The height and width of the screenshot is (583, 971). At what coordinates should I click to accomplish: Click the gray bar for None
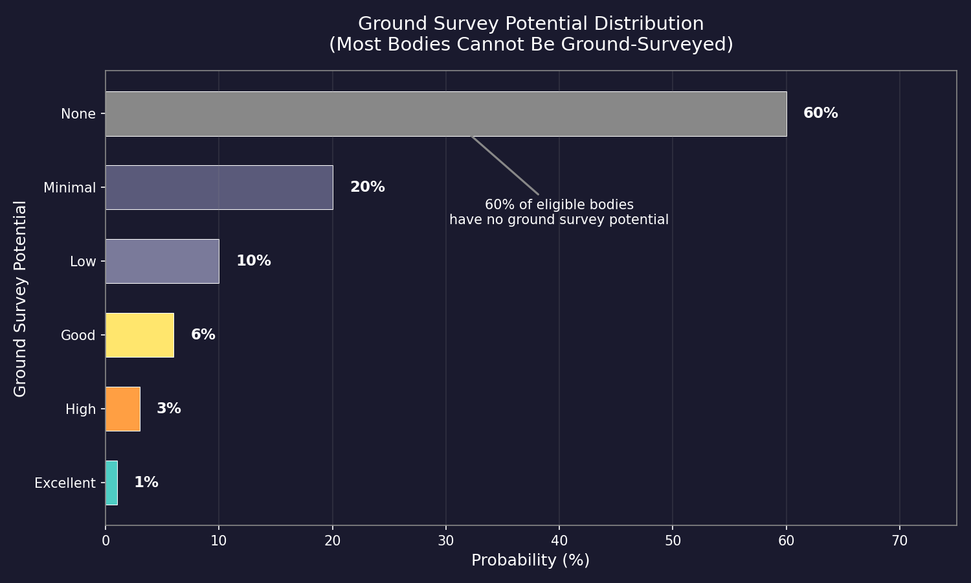[445, 114]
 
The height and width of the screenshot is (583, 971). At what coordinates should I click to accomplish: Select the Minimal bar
[219, 187]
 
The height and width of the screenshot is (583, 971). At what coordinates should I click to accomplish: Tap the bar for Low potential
[162, 261]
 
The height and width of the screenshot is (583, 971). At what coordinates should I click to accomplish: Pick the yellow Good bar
[139, 335]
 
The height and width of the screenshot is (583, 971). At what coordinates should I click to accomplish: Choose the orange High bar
[122, 409]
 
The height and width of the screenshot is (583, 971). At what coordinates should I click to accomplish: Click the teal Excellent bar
[111, 483]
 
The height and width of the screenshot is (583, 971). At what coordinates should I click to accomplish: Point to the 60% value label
[820, 113]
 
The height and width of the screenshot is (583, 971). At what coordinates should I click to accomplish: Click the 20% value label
[367, 187]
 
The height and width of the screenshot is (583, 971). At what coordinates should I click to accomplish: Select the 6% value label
[203, 335]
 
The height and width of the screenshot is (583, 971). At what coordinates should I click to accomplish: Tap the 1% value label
[146, 483]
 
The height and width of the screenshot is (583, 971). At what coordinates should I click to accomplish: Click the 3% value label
[168, 409]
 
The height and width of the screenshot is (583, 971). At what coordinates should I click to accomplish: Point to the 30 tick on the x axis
[445, 541]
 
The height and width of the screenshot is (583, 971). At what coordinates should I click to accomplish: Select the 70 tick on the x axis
[899, 541]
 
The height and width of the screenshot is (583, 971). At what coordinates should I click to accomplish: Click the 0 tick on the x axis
[106, 541]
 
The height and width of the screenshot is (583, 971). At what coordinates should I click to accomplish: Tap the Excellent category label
[65, 483]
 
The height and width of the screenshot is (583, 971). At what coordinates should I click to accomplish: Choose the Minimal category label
[69, 188]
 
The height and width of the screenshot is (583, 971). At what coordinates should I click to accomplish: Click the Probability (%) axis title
[530, 560]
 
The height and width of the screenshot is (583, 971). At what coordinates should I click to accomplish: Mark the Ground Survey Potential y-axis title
[20, 299]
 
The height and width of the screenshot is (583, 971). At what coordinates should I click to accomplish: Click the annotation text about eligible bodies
[559, 212]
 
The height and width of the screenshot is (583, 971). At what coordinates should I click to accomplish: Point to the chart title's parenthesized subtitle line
[530, 45]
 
